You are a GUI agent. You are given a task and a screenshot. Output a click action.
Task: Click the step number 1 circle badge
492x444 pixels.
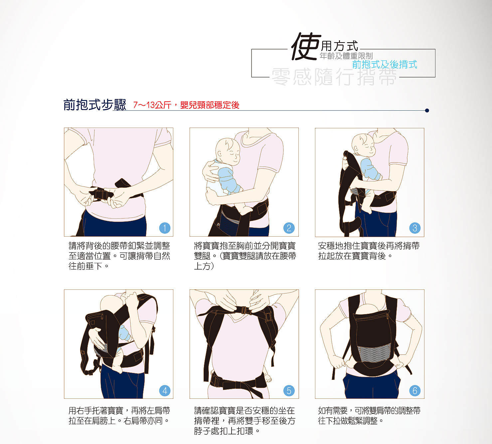[165, 228]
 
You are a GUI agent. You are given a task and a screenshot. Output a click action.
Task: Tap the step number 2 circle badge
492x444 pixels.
[289, 228]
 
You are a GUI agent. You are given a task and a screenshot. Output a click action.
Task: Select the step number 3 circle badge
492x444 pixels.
[414, 228]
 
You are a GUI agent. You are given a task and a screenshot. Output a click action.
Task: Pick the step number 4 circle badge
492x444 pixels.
[165, 390]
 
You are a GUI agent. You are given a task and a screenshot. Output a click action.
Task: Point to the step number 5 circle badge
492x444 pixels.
[289, 390]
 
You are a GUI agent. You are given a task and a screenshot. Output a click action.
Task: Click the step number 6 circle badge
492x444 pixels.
[414, 390]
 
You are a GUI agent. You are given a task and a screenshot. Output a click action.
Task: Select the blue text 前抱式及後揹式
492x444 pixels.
[384, 64]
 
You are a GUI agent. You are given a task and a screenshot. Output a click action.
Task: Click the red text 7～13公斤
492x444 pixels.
[152, 105]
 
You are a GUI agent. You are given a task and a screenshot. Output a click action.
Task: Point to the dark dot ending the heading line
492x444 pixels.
[427, 110]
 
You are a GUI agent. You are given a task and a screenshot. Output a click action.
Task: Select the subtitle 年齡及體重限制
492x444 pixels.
[346, 56]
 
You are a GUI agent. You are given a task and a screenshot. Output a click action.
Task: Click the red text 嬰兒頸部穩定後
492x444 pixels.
[210, 105]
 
